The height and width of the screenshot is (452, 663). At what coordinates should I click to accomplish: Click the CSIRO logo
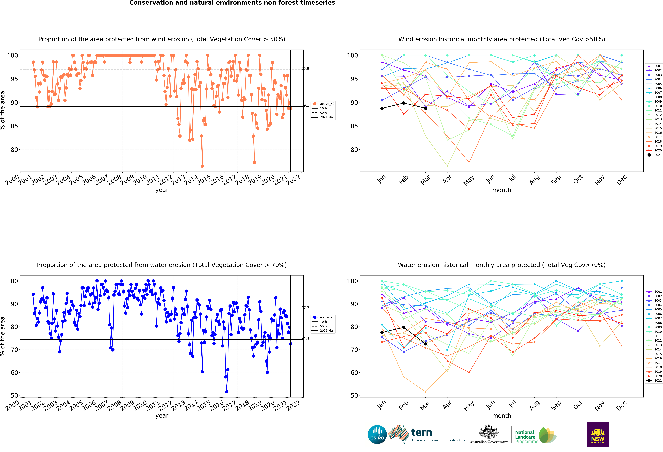377,435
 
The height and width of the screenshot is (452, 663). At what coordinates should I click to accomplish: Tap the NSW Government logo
598,434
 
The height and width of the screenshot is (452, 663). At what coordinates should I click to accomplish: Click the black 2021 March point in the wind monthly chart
425,108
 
